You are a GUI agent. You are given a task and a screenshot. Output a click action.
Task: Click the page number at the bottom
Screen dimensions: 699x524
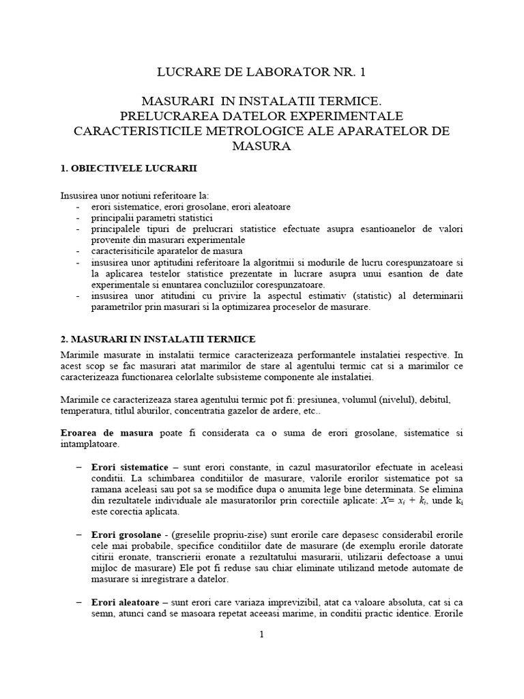[x=261, y=635]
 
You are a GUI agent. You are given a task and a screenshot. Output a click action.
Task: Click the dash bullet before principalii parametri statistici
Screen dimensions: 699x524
[x=78, y=217]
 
